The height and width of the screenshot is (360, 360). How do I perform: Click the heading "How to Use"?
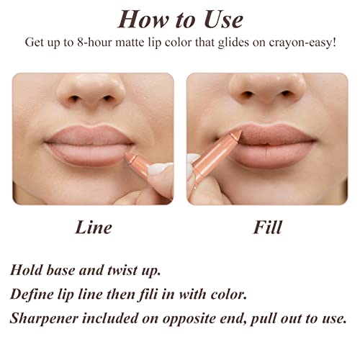click(180, 19)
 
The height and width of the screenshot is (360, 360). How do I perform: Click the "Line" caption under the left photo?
click(94, 228)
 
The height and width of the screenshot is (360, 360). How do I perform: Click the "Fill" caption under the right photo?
click(266, 228)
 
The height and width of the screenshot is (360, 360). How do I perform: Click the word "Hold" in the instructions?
click(27, 271)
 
